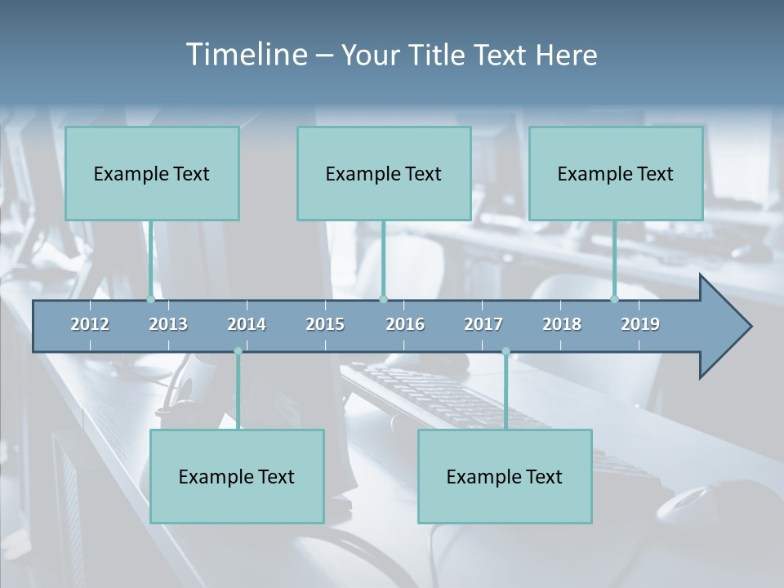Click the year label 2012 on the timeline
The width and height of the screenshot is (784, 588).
click(x=90, y=324)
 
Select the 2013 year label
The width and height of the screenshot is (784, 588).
click(x=168, y=324)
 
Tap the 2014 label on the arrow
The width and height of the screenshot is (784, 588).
click(x=247, y=324)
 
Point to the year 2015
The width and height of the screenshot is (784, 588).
click(x=325, y=324)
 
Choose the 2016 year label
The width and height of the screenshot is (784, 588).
click(x=405, y=324)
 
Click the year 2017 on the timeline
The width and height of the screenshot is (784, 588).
click(x=483, y=324)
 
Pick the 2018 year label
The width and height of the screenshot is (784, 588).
click(x=562, y=324)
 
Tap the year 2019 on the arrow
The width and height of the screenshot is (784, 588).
click(x=640, y=324)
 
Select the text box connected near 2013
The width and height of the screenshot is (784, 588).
click(x=152, y=173)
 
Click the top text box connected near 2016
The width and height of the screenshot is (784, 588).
click(x=384, y=173)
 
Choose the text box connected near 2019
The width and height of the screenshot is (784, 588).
click(x=616, y=173)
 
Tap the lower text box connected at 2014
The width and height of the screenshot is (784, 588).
click(x=237, y=476)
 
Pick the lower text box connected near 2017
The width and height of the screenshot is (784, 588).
click(x=505, y=476)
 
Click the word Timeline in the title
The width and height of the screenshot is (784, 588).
click(x=244, y=55)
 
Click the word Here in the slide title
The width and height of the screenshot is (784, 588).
click(x=566, y=56)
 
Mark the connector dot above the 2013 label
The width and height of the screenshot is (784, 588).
click(x=150, y=299)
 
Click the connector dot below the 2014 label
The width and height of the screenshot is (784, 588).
click(x=238, y=351)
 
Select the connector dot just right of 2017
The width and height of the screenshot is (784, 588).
click(x=506, y=351)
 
